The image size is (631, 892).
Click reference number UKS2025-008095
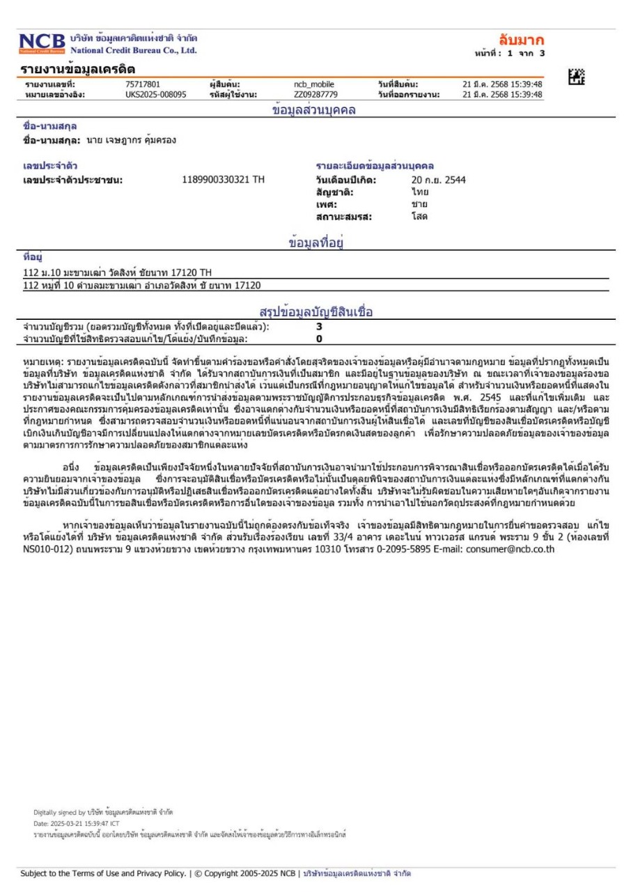tap(151, 95)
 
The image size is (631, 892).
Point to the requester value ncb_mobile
tap(314, 85)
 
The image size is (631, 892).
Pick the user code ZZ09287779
tap(315, 95)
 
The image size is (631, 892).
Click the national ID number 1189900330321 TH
tap(223, 180)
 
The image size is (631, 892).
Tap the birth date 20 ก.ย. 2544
tap(438, 180)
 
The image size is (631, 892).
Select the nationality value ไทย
tap(419, 192)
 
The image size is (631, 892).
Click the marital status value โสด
tap(419, 216)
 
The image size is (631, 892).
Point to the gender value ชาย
tap(419, 204)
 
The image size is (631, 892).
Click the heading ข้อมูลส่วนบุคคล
tap(314, 109)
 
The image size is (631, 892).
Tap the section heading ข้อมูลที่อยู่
tap(318, 243)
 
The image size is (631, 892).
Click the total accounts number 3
tap(319, 326)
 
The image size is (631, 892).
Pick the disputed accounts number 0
tap(319, 339)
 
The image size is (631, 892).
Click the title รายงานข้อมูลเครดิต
tap(79, 69)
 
